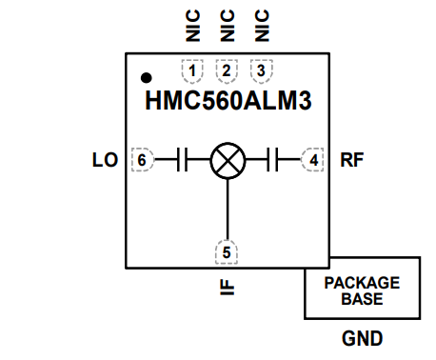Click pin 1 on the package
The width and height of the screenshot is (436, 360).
[x=193, y=70]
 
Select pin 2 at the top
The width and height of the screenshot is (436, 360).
[x=227, y=70]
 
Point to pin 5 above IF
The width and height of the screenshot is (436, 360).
[x=227, y=252]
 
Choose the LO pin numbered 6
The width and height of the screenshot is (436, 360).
[x=142, y=160]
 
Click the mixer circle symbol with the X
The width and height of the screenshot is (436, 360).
[x=227, y=160]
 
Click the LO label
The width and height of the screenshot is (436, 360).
[x=105, y=160]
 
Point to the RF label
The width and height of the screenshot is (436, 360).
[x=351, y=160]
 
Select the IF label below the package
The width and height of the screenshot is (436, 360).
[x=227, y=285]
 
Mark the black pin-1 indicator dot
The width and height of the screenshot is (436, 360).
[x=147, y=77]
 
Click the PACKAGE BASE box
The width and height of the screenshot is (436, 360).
[x=362, y=290]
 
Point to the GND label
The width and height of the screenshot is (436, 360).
[x=362, y=339]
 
